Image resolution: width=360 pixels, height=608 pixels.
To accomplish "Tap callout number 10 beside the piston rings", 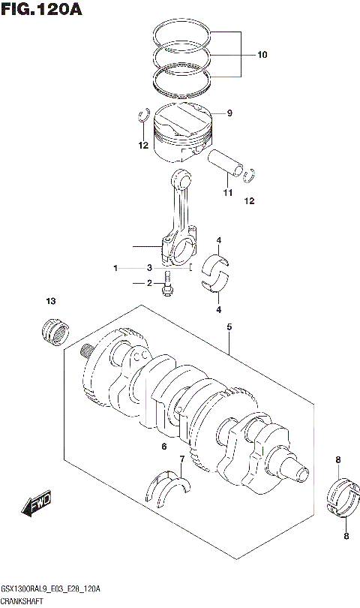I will pyautogui.click(x=262, y=55).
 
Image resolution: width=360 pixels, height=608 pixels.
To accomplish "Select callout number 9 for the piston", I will pyautogui.click(x=230, y=113).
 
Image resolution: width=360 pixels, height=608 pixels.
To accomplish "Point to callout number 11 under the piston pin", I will pyautogui.click(x=226, y=194).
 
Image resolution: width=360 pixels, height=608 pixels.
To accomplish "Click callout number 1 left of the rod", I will pyautogui.click(x=116, y=268).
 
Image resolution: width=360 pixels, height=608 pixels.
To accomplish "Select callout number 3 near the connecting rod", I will pyautogui.click(x=149, y=268).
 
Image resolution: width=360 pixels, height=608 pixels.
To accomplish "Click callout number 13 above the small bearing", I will pyautogui.click(x=51, y=302).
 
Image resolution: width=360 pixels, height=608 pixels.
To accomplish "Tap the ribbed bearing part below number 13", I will pyautogui.click(x=54, y=330).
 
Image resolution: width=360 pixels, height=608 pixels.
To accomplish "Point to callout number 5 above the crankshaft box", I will pyautogui.click(x=229, y=327).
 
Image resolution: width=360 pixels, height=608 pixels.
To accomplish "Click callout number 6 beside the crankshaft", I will pyautogui.click(x=163, y=447).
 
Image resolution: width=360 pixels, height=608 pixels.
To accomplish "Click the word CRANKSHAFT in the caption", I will pyautogui.click(x=23, y=601).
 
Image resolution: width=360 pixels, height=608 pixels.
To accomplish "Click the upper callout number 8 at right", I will pyautogui.click(x=338, y=459).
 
